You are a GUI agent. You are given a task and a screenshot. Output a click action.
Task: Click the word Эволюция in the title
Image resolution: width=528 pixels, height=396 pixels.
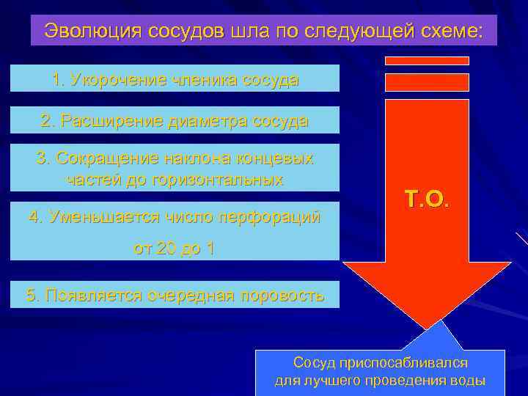[x=87, y=31]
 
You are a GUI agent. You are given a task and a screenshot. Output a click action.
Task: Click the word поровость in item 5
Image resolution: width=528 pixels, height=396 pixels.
[x=278, y=296]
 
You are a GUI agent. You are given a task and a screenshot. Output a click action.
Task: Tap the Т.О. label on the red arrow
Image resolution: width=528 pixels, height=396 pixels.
[x=426, y=197]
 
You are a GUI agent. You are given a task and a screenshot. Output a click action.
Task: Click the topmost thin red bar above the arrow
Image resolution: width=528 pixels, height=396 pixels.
[x=427, y=61]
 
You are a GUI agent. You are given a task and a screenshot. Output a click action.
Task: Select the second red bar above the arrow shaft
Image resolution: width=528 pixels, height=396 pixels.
[x=427, y=81]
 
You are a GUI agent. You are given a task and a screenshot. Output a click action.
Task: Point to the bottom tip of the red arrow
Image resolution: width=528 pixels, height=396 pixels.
[x=426, y=327]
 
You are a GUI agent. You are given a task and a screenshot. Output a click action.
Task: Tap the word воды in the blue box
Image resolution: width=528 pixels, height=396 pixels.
[x=469, y=381]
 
